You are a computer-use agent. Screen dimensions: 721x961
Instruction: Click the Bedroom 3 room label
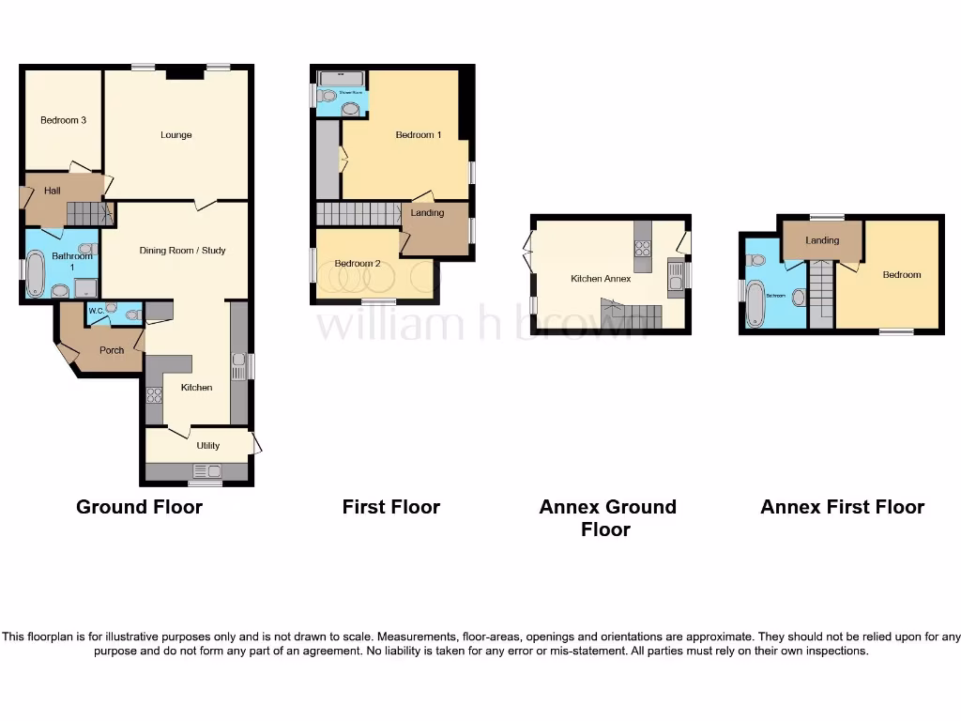click(x=63, y=120)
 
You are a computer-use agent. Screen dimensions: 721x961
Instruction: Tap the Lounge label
click(x=175, y=135)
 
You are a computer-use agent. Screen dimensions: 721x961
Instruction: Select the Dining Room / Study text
click(x=182, y=251)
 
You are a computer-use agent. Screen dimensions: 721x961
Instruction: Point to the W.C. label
click(x=95, y=310)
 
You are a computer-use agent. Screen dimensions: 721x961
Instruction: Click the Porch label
click(x=112, y=351)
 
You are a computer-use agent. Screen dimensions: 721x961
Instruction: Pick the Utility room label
click(x=207, y=446)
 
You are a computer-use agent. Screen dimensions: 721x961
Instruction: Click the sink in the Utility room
click(x=206, y=471)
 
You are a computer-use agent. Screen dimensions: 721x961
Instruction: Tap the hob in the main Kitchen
click(x=154, y=395)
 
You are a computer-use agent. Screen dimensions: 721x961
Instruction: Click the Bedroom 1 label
click(x=418, y=135)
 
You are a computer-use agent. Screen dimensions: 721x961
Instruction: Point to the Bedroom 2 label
click(x=358, y=264)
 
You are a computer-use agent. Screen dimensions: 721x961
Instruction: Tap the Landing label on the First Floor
click(x=427, y=214)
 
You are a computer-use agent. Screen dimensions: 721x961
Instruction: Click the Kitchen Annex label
click(x=601, y=279)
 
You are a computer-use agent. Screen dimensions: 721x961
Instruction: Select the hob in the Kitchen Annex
click(x=643, y=249)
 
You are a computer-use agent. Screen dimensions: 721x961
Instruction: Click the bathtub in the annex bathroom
click(x=755, y=303)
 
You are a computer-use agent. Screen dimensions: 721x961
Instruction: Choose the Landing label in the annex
click(x=822, y=241)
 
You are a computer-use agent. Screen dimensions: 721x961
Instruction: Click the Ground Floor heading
click(x=139, y=507)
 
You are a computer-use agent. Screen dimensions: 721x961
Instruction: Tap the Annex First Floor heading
click(x=842, y=507)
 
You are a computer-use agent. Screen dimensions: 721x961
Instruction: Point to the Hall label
click(x=52, y=192)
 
